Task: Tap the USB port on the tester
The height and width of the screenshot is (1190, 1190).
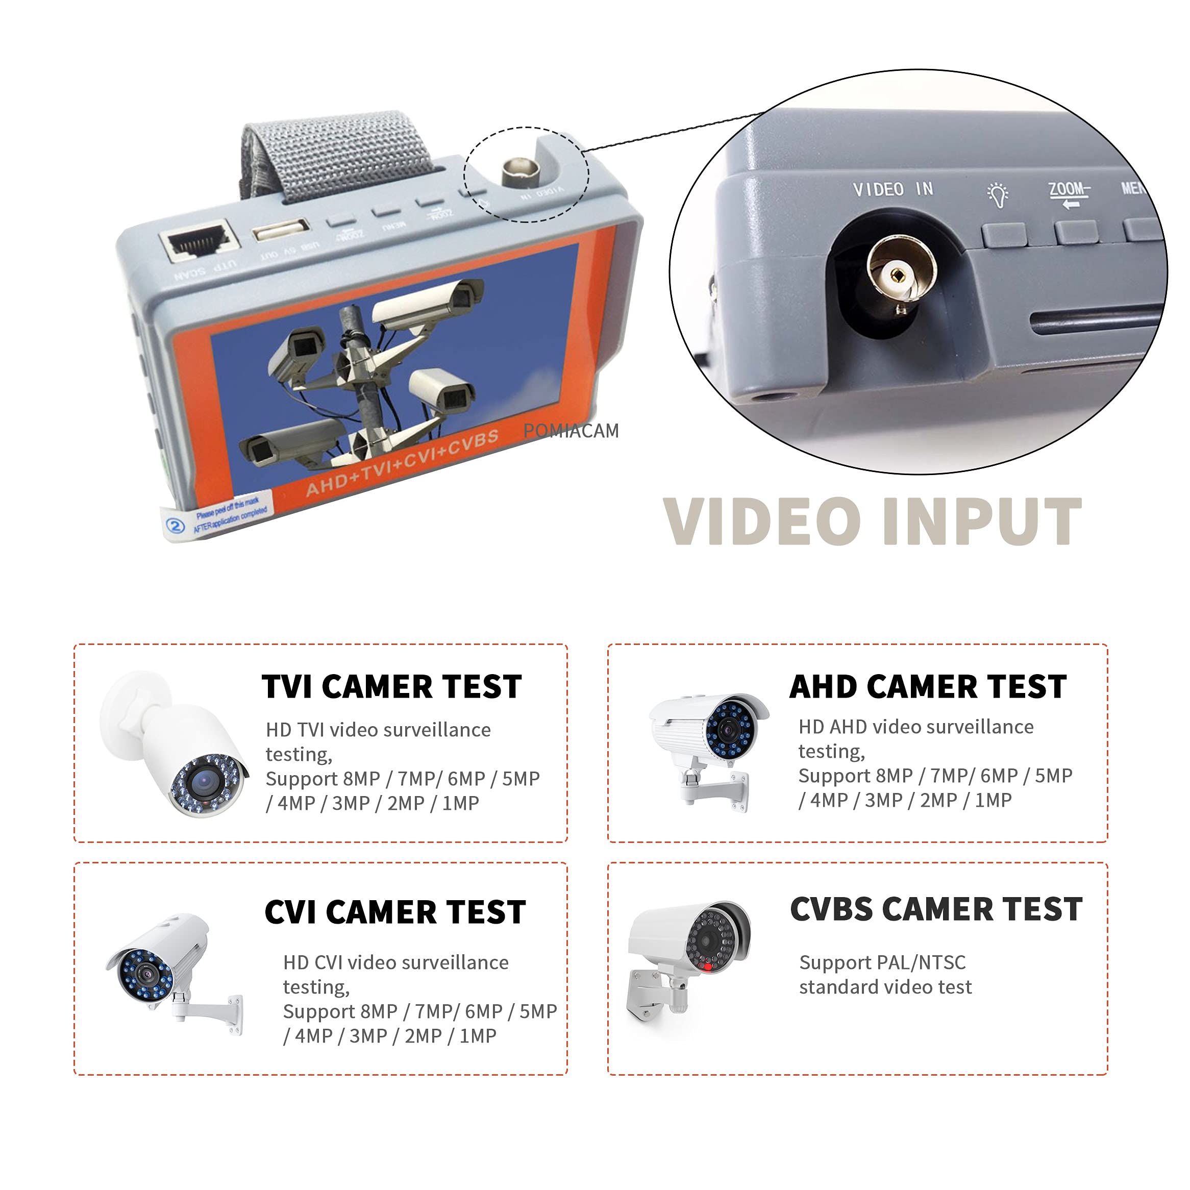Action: coord(280,230)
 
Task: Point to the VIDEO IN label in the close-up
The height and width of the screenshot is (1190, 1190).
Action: coord(892,190)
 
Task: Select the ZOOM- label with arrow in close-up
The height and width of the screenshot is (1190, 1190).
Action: coord(1069,194)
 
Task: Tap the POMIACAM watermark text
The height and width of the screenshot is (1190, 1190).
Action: coord(571,431)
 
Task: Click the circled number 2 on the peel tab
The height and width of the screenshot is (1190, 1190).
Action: coord(176,526)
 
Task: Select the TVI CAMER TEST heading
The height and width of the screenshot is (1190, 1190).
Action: coord(392,687)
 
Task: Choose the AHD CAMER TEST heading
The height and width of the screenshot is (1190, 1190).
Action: coord(928,687)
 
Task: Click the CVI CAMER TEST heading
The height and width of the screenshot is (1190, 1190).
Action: coord(395,912)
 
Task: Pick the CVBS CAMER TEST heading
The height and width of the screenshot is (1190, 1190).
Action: coord(935,909)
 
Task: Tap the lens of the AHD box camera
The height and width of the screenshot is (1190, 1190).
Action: coord(729,731)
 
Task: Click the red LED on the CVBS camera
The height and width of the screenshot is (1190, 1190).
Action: coord(708,967)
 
